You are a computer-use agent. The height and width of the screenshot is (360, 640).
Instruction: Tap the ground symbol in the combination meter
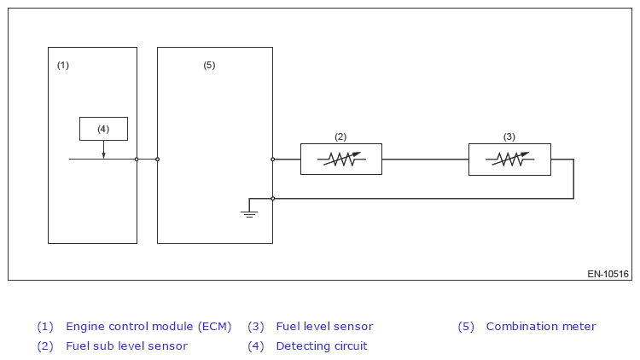(x=249, y=214)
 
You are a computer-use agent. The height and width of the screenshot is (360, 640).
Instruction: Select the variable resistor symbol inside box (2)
(x=341, y=160)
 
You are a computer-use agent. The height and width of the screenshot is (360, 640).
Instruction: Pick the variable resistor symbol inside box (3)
(x=509, y=160)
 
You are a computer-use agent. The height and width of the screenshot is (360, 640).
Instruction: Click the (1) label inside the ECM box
(x=63, y=66)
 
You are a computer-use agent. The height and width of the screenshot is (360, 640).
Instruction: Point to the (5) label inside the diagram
(x=209, y=66)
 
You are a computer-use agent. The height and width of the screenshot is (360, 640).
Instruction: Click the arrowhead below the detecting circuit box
(x=103, y=155)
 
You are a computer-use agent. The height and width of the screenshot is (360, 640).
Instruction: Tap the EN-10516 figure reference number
(x=608, y=274)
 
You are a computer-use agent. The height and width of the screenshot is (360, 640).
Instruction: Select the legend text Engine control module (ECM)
(x=148, y=327)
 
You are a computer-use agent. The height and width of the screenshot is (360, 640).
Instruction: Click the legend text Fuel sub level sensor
(x=126, y=346)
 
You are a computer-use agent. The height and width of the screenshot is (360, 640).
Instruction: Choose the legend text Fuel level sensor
(x=324, y=327)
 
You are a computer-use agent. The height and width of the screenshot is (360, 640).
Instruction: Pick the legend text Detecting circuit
(x=322, y=346)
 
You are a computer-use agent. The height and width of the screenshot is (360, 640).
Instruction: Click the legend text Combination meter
(x=541, y=327)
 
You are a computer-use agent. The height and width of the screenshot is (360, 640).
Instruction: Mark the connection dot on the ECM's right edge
(x=137, y=160)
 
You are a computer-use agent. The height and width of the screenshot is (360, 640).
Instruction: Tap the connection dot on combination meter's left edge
(x=158, y=160)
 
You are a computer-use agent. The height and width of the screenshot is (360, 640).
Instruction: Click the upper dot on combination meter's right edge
(x=273, y=160)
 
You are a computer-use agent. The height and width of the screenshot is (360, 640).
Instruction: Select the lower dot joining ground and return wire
(x=273, y=199)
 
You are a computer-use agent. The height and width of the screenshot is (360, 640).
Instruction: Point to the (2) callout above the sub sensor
(x=340, y=136)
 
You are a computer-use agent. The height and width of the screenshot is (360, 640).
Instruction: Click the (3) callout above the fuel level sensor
(x=509, y=136)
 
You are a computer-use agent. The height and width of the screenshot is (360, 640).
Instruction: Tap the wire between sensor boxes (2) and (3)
(x=425, y=160)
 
